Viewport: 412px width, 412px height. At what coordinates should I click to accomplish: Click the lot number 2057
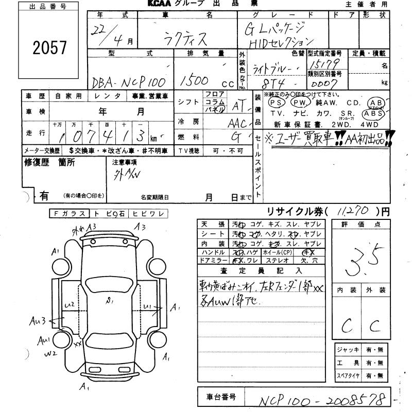[50, 48]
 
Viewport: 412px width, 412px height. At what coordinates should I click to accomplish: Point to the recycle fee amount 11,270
[354, 211]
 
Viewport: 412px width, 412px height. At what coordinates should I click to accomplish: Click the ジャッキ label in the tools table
[349, 350]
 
